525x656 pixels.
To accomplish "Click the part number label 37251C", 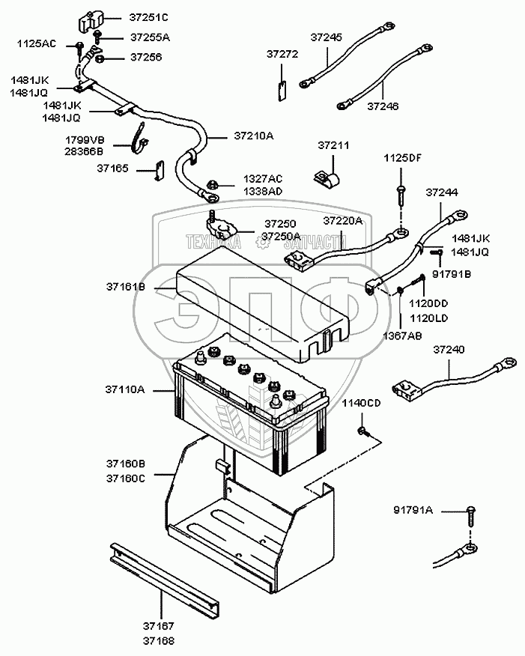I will [x=149, y=16].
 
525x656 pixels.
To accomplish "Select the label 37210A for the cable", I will [x=254, y=136].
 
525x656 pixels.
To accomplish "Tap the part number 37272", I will [x=282, y=54].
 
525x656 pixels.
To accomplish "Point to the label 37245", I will [x=326, y=37].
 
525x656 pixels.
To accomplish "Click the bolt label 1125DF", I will [x=402, y=158].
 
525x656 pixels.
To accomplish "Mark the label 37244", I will [x=441, y=192].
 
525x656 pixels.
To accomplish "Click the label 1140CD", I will [x=362, y=404].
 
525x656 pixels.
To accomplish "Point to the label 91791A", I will [x=413, y=511].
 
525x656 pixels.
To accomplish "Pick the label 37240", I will [x=449, y=349].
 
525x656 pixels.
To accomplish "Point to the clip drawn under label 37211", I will [x=327, y=178].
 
